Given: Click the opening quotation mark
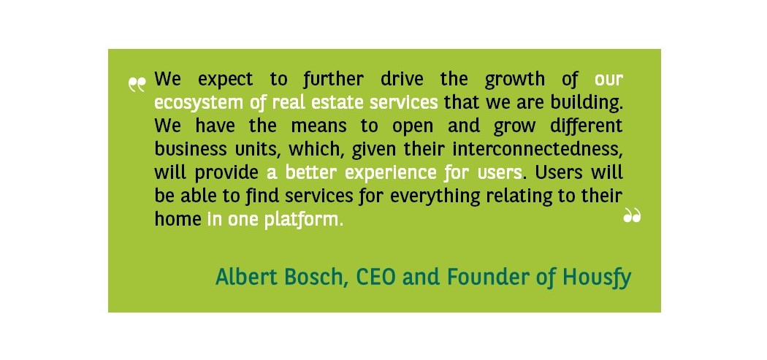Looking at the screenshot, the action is coord(137,85).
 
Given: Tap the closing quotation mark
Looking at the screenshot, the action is coord(632,215).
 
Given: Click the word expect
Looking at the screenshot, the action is coord(226,80).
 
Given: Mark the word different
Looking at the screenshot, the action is coord(586,126).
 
